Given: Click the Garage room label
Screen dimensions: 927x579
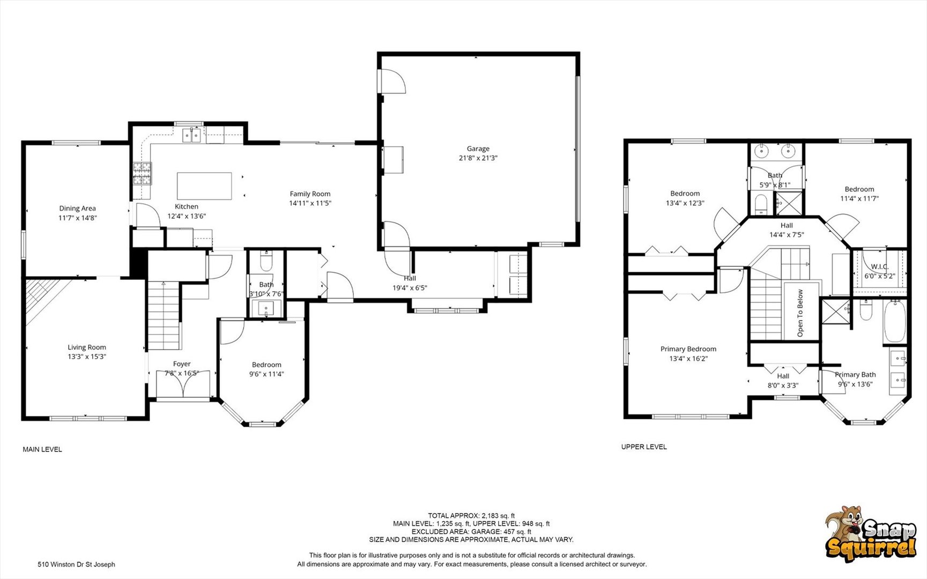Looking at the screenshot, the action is pos(478,149).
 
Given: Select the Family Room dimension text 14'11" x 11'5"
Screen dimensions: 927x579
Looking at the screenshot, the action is pos(310,203).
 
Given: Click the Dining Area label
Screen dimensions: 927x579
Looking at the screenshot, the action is pos(78,209).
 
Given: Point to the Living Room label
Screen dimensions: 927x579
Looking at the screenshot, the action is pos(87,347).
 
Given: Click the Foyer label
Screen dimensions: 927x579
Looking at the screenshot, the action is pos(182,364).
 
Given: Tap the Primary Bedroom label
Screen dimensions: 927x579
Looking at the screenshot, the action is pos(688,349).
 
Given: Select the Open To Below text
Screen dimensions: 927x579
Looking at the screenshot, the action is pos(800,313).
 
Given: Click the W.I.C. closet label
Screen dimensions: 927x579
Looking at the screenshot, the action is pos(880,266).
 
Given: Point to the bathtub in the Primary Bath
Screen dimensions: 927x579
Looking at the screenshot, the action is pos(894,322).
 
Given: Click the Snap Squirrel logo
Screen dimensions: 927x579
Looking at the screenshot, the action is pos(871,533).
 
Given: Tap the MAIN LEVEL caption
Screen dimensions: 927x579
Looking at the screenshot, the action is pos(42,449).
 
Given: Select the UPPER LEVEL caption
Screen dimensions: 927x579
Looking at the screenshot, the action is pos(644,447).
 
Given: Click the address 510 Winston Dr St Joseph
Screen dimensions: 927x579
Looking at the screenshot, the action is pos(76,564).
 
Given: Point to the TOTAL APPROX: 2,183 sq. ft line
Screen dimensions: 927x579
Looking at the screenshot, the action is pos(471,516).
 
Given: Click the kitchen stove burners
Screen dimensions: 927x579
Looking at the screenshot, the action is pos(143,173).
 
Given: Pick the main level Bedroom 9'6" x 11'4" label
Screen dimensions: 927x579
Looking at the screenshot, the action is pos(266,369).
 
